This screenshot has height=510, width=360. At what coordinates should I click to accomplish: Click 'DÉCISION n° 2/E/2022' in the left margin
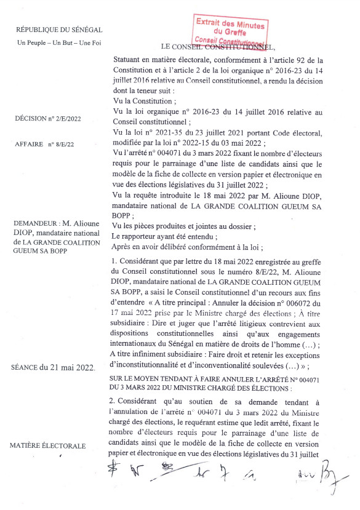[49, 118]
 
